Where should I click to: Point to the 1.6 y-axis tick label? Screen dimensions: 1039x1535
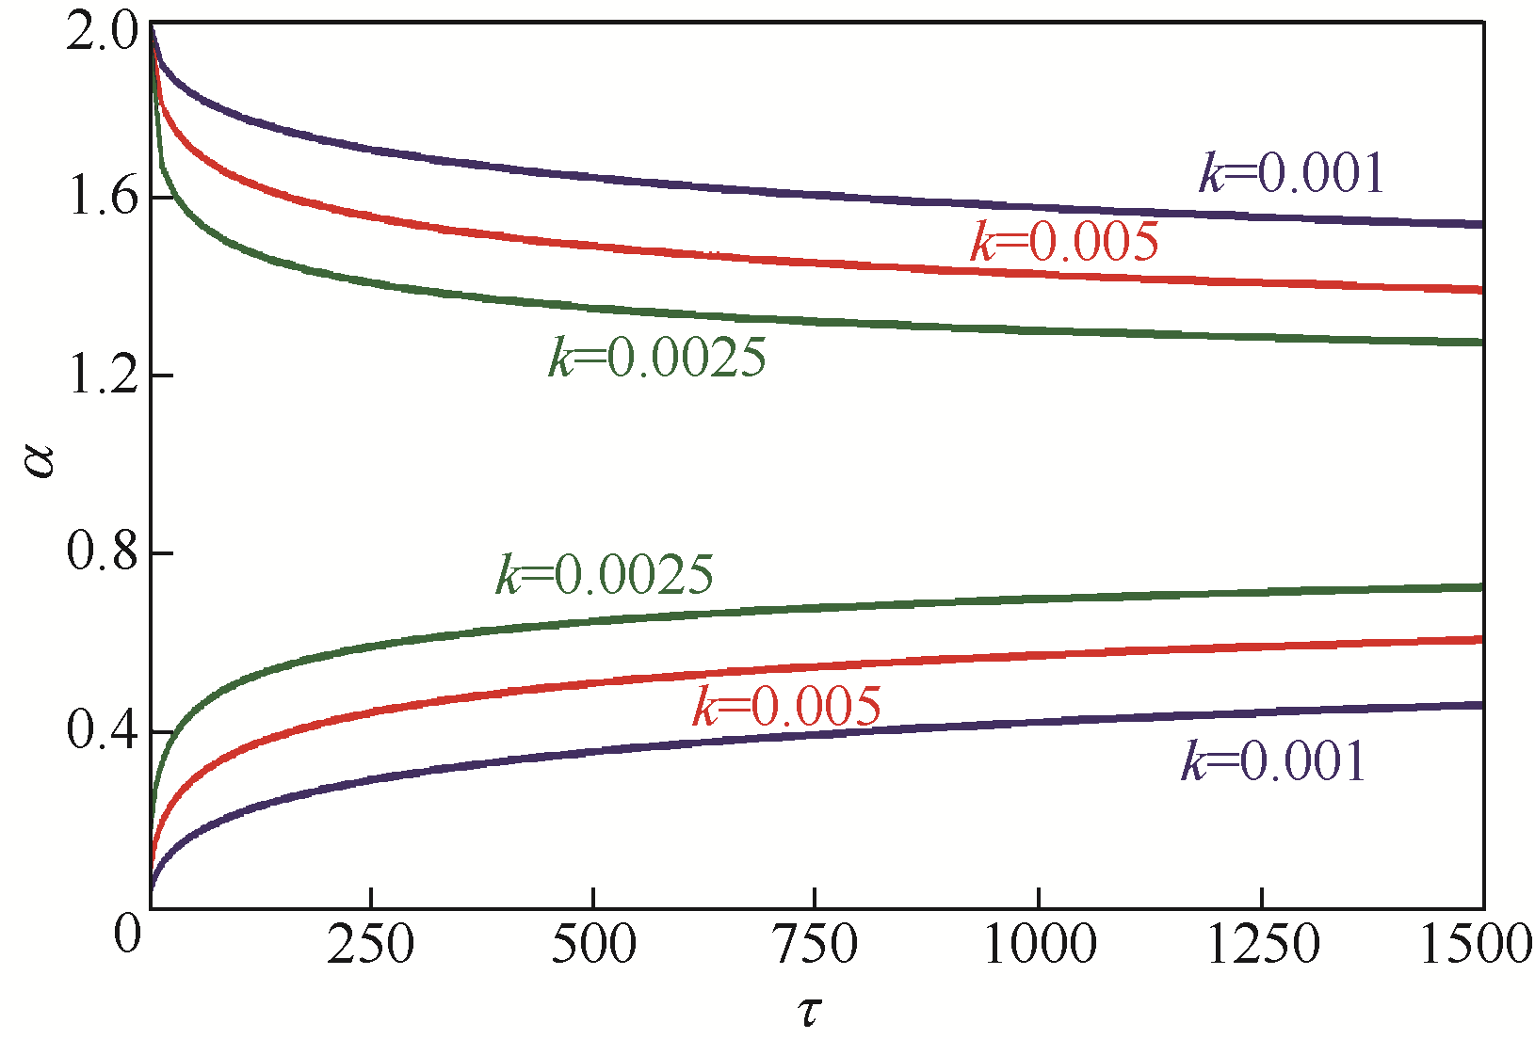point(102,199)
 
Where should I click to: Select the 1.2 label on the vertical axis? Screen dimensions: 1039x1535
point(102,376)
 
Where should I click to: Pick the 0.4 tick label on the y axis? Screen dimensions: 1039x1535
point(102,731)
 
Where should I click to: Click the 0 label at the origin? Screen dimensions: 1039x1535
point(127,935)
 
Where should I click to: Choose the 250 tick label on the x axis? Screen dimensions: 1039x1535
point(370,944)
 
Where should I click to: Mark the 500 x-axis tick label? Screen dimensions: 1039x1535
point(593,944)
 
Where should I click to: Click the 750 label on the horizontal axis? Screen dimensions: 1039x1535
point(816,944)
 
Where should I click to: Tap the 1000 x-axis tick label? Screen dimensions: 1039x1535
point(1040,944)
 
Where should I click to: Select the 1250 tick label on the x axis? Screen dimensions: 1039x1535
point(1262,944)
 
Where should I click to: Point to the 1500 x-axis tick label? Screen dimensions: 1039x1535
point(1475,944)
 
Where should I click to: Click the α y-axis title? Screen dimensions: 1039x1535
point(40,461)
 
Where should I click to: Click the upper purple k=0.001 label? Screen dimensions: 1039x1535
point(1291,173)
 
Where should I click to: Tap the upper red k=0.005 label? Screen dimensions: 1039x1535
point(1064,242)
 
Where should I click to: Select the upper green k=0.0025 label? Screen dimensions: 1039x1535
point(657,358)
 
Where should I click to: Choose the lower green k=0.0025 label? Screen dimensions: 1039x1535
point(605,574)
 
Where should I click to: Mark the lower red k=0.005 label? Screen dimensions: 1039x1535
point(786,706)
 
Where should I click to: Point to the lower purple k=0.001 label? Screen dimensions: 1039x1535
point(1273,761)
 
